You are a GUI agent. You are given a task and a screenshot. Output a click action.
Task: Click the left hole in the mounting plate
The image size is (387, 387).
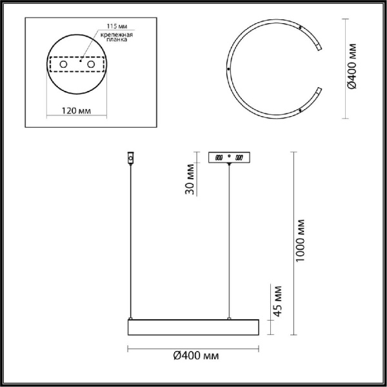coord(63,65)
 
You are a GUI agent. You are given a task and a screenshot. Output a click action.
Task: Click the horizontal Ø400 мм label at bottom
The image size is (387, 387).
coord(193,356)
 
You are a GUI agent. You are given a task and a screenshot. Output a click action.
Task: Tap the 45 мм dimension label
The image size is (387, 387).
coord(278,300)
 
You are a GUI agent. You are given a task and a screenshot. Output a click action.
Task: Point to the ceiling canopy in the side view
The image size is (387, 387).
coord(229,157)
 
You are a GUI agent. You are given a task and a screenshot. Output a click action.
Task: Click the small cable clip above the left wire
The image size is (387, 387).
coord(131,157)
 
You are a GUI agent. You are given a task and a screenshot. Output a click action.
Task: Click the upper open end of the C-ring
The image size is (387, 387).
coord(319,47)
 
